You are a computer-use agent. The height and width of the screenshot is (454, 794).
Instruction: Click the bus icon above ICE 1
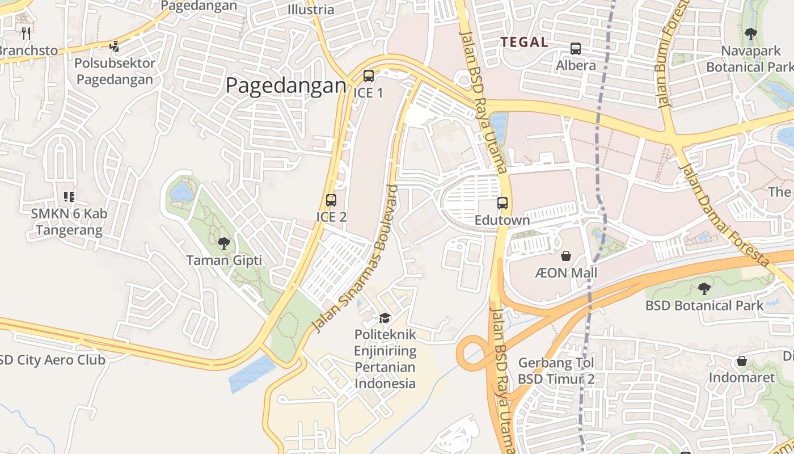[x=369, y=75]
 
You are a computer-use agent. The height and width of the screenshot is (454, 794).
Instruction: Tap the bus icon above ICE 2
[x=331, y=200]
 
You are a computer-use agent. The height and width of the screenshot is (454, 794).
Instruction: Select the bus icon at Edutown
[x=502, y=203]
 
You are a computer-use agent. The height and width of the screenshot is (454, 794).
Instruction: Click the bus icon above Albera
[x=576, y=49]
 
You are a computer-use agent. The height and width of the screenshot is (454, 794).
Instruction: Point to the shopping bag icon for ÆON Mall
[x=565, y=256]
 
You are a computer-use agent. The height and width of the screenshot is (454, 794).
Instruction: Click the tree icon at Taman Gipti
[x=224, y=243]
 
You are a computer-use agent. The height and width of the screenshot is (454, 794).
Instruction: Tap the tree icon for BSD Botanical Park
[x=704, y=289]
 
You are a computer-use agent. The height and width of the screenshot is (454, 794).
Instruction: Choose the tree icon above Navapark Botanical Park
[x=751, y=34]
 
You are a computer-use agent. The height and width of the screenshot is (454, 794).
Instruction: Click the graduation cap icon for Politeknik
[x=385, y=318]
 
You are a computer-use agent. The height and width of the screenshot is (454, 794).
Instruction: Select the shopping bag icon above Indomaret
[x=741, y=361]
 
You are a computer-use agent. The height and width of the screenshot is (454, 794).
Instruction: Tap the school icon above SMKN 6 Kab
[x=69, y=197]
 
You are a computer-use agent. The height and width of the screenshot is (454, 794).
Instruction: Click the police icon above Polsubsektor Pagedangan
[x=115, y=46]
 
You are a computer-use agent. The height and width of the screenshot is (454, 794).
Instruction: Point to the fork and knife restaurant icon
[x=26, y=33]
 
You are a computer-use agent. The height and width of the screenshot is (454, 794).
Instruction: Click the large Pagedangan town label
[x=286, y=86]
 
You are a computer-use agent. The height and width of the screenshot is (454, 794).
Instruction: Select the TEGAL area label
[x=524, y=42]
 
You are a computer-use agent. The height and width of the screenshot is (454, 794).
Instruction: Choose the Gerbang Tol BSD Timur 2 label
[x=556, y=371]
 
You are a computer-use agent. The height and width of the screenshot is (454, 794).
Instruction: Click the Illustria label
[x=311, y=10]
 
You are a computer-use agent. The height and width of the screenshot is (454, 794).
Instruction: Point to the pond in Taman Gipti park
[x=182, y=193]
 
